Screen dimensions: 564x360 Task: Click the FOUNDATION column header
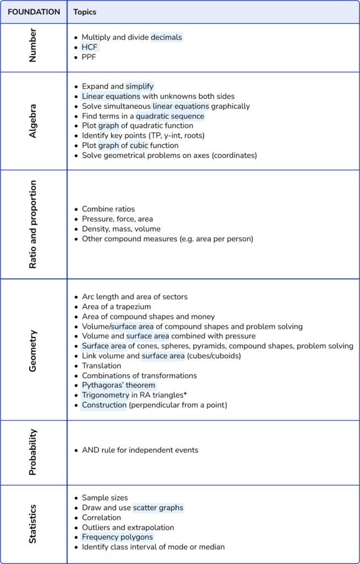pyautogui.click(x=34, y=12)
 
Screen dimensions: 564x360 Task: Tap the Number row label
pyautogui.click(x=33, y=47)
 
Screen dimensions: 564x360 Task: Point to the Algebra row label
pyautogui.click(x=33, y=121)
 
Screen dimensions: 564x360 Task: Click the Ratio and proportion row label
pyautogui.click(x=33, y=224)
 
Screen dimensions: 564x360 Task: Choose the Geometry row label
pyautogui.click(x=33, y=350)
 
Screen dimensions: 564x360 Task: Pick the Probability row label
pyautogui.click(x=33, y=453)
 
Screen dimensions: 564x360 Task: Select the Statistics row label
pyautogui.click(x=33, y=524)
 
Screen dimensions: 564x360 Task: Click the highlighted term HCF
pyautogui.click(x=89, y=47)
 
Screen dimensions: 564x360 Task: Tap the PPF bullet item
pyautogui.click(x=89, y=57)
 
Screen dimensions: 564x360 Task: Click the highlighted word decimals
pyautogui.click(x=166, y=37)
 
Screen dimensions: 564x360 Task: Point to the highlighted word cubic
pyautogui.click(x=139, y=145)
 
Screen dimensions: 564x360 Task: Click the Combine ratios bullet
pyautogui.click(x=108, y=209)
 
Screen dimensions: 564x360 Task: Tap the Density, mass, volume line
pyautogui.click(x=121, y=229)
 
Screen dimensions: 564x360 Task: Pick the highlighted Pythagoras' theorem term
pyautogui.click(x=118, y=386)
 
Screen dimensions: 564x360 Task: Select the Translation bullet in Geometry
pyautogui.click(x=101, y=366)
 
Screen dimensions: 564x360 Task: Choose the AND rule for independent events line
pyautogui.click(x=140, y=450)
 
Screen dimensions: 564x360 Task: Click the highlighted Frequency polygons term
pyautogui.click(x=117, y=537)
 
